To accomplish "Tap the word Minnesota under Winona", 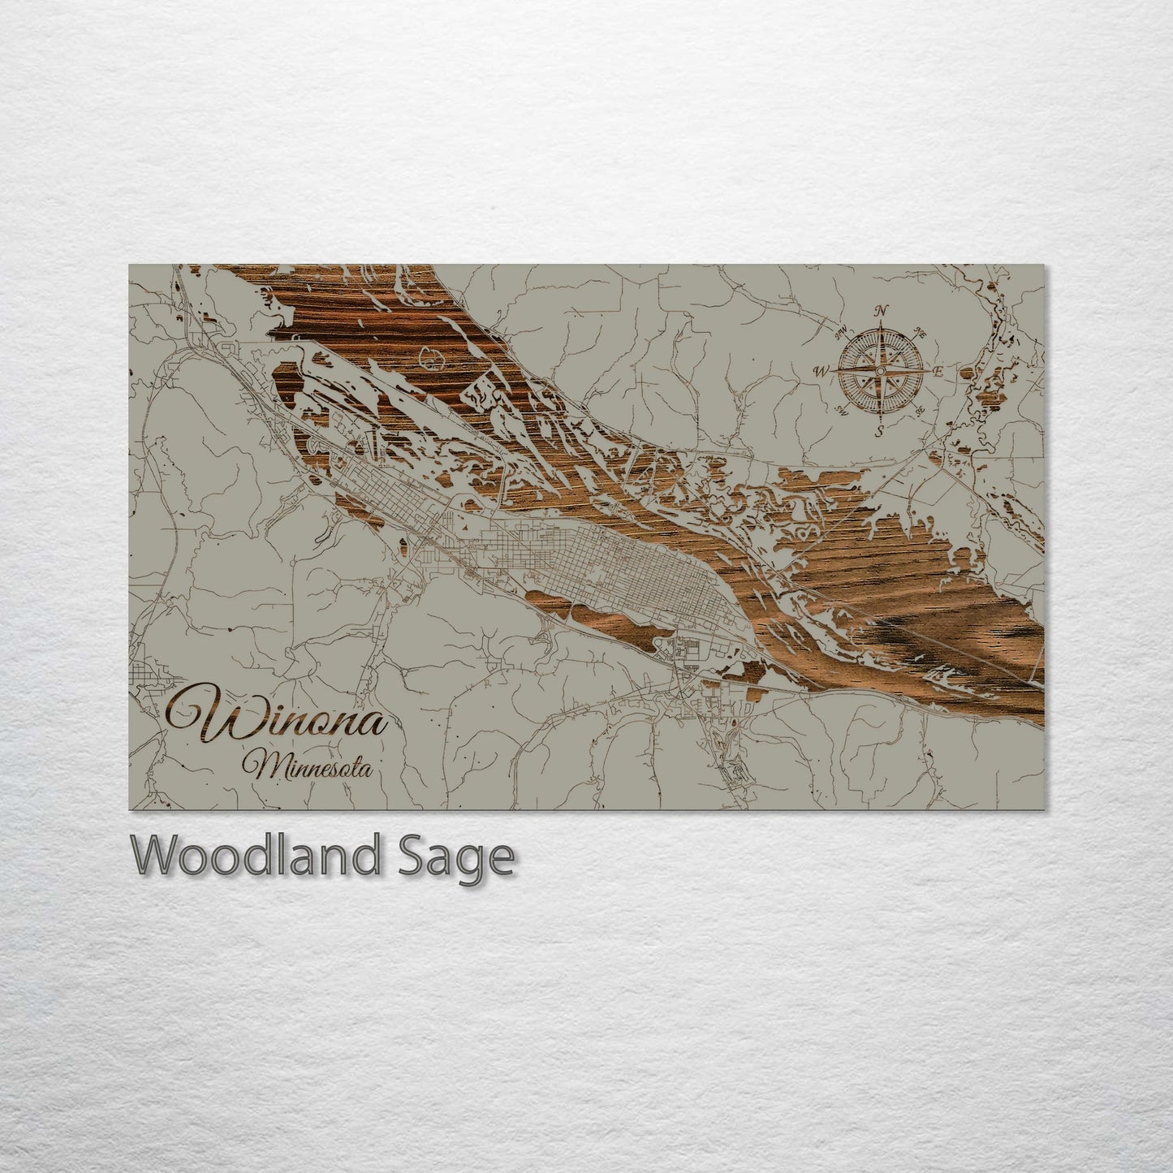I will pyautogui.click(x=312, y=765).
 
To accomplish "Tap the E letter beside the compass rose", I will pyautogui.click(x=938, y=371).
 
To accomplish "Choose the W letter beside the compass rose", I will pyautogui.click(x=821, y=370).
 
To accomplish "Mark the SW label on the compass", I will pyautogui.click(x=841, y=412).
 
